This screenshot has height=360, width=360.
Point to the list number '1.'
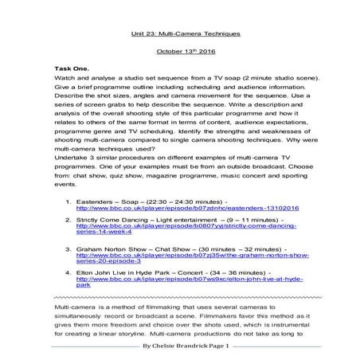[x=69, y=201]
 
